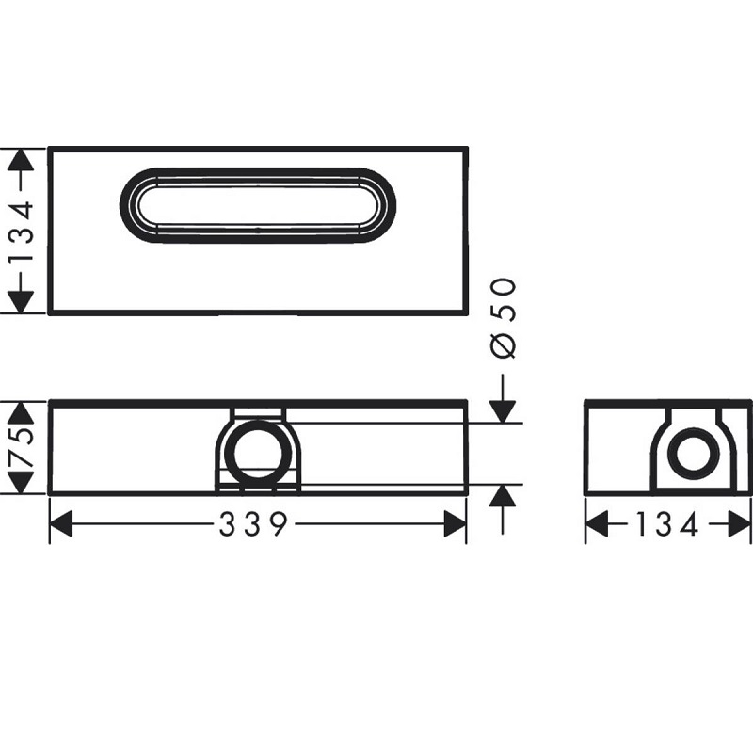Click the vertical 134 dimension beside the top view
click(23, 231)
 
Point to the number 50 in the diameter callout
click(504, 299)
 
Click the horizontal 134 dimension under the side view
click(667, 525)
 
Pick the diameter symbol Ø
click(504, 345)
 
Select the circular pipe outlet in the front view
click(258, 449)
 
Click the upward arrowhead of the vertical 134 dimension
click(23, 160)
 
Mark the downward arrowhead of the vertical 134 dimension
click(23, 301)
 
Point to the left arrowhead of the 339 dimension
click(61, 525)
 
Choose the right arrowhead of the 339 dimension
click(455, 525)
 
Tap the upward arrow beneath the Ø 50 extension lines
click(504, 496)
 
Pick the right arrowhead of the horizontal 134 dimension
click(740, 525)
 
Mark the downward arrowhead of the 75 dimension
click(23, 483)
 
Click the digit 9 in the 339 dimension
click(278, 525)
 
